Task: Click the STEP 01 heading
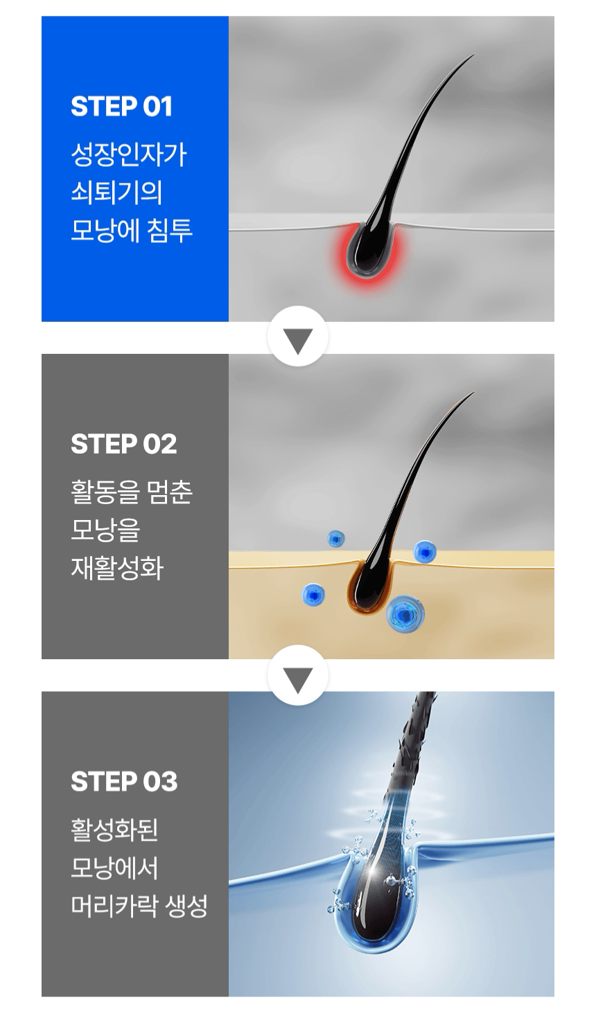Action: click(121, 107)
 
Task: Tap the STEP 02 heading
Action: click(123, 444)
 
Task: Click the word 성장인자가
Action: click(128, 155)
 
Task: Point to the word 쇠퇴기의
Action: click(116, 193)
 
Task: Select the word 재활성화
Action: click(116, 568)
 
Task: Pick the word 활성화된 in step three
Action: click(114, 830)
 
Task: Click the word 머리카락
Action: click(114, 905)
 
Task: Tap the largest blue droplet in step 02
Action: click(405, 614)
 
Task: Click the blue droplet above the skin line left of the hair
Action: click(335, 539)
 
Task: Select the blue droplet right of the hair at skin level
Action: click(425, 551)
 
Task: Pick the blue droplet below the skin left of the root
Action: click(313, 594)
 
